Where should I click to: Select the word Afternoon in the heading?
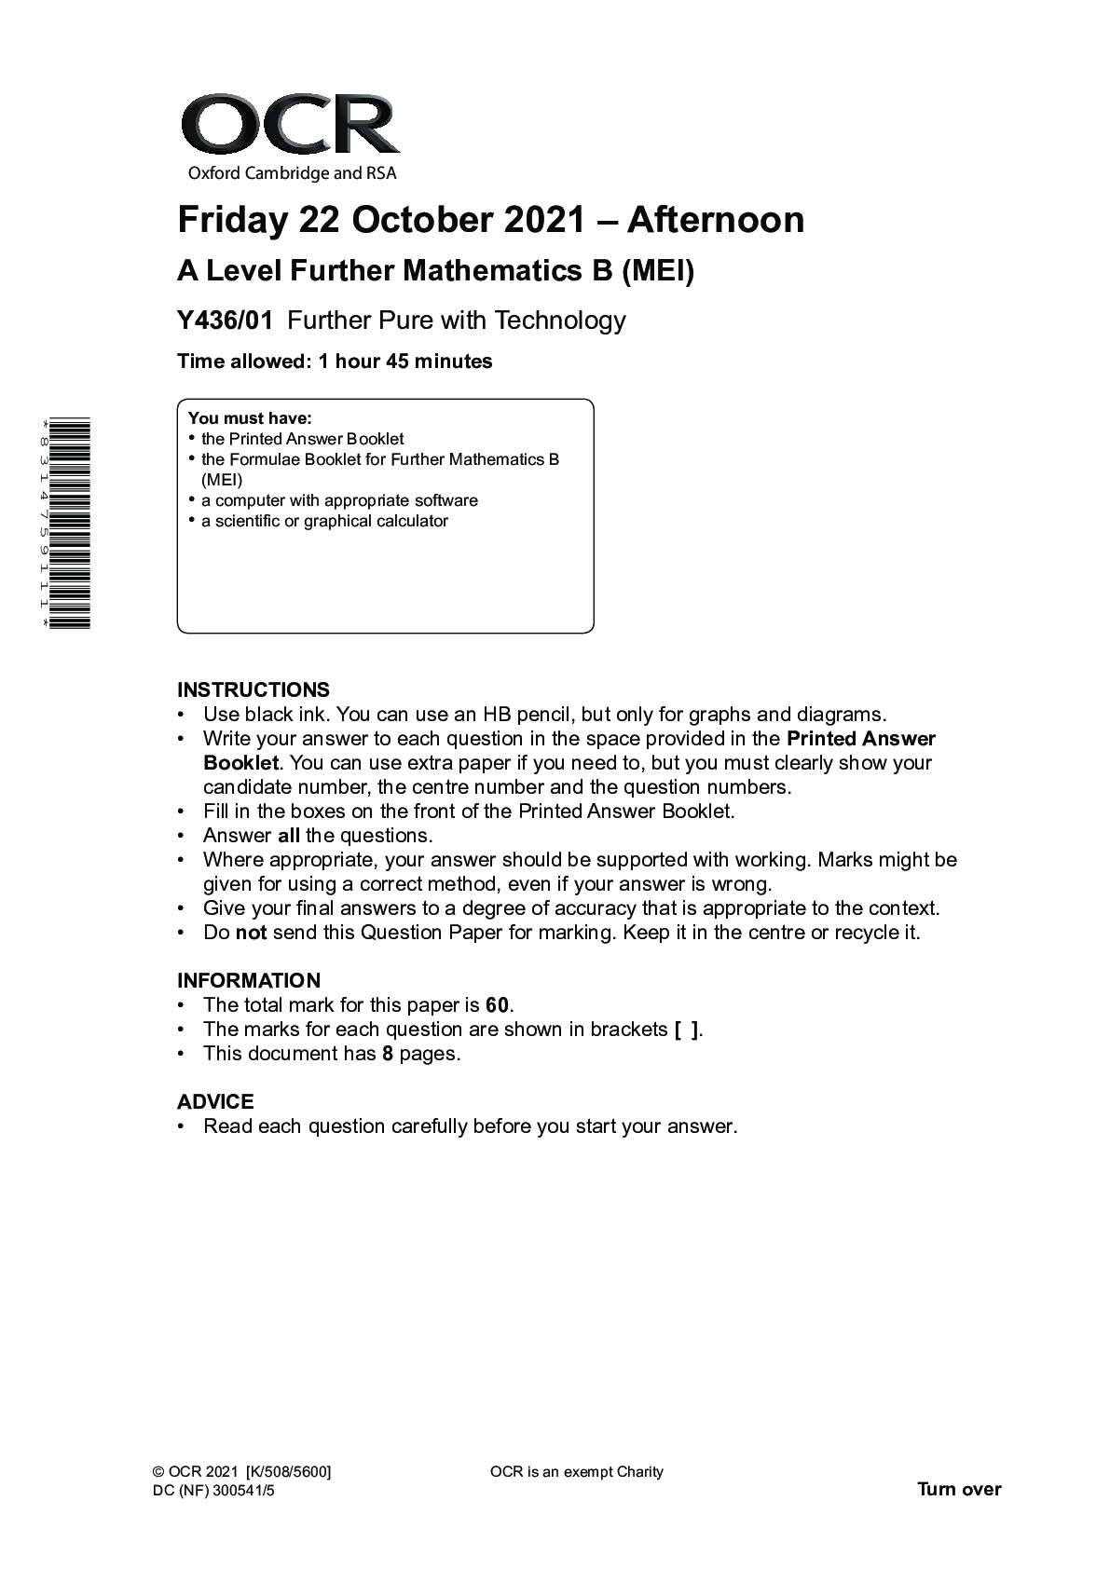pos(715,221)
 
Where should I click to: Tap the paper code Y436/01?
pos(226,321)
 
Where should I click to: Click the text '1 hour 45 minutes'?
pos(405,362)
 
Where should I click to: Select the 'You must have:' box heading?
pos(250,418)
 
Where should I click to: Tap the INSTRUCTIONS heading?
pos(254,690)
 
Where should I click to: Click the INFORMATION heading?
pos(249,981)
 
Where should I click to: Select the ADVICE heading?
pos(215,1102)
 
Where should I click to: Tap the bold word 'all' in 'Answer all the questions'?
pos(288,836)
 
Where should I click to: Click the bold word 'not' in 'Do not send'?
pos(251,933)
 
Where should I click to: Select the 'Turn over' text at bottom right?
pos(959,1489)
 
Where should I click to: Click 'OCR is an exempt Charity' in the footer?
pos(576,1472)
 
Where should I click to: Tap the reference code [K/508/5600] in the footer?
pos(289,1472)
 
